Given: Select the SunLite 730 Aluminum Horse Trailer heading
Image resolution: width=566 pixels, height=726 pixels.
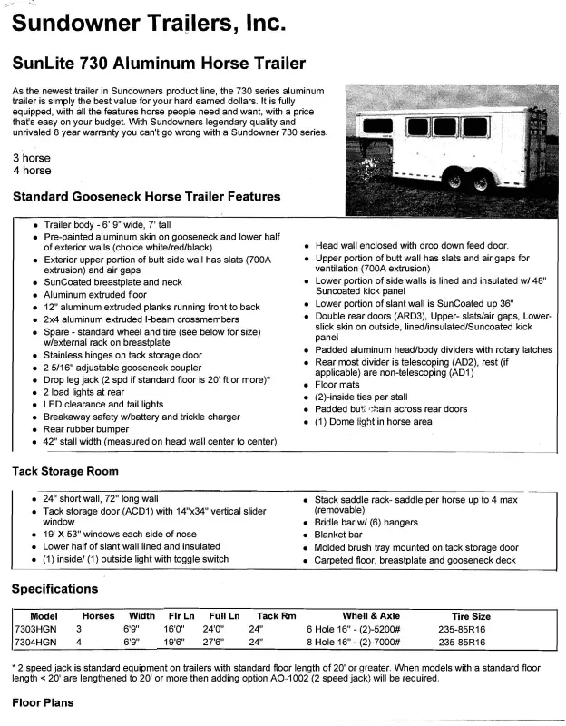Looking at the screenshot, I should tap(159, 64).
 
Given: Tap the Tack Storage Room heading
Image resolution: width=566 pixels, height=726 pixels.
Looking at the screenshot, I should tap(64, 471).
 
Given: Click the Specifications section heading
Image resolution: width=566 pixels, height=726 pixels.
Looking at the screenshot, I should tap(54, 589).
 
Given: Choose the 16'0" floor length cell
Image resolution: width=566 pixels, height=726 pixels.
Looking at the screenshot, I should tap(173, 628).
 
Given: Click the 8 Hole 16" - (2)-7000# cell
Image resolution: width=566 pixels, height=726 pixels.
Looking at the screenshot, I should tap(365, 641).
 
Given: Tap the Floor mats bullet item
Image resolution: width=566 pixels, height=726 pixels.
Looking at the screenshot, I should tap(337, 384).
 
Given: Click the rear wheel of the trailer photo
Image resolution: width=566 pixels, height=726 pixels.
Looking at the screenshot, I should tap(481, 182).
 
